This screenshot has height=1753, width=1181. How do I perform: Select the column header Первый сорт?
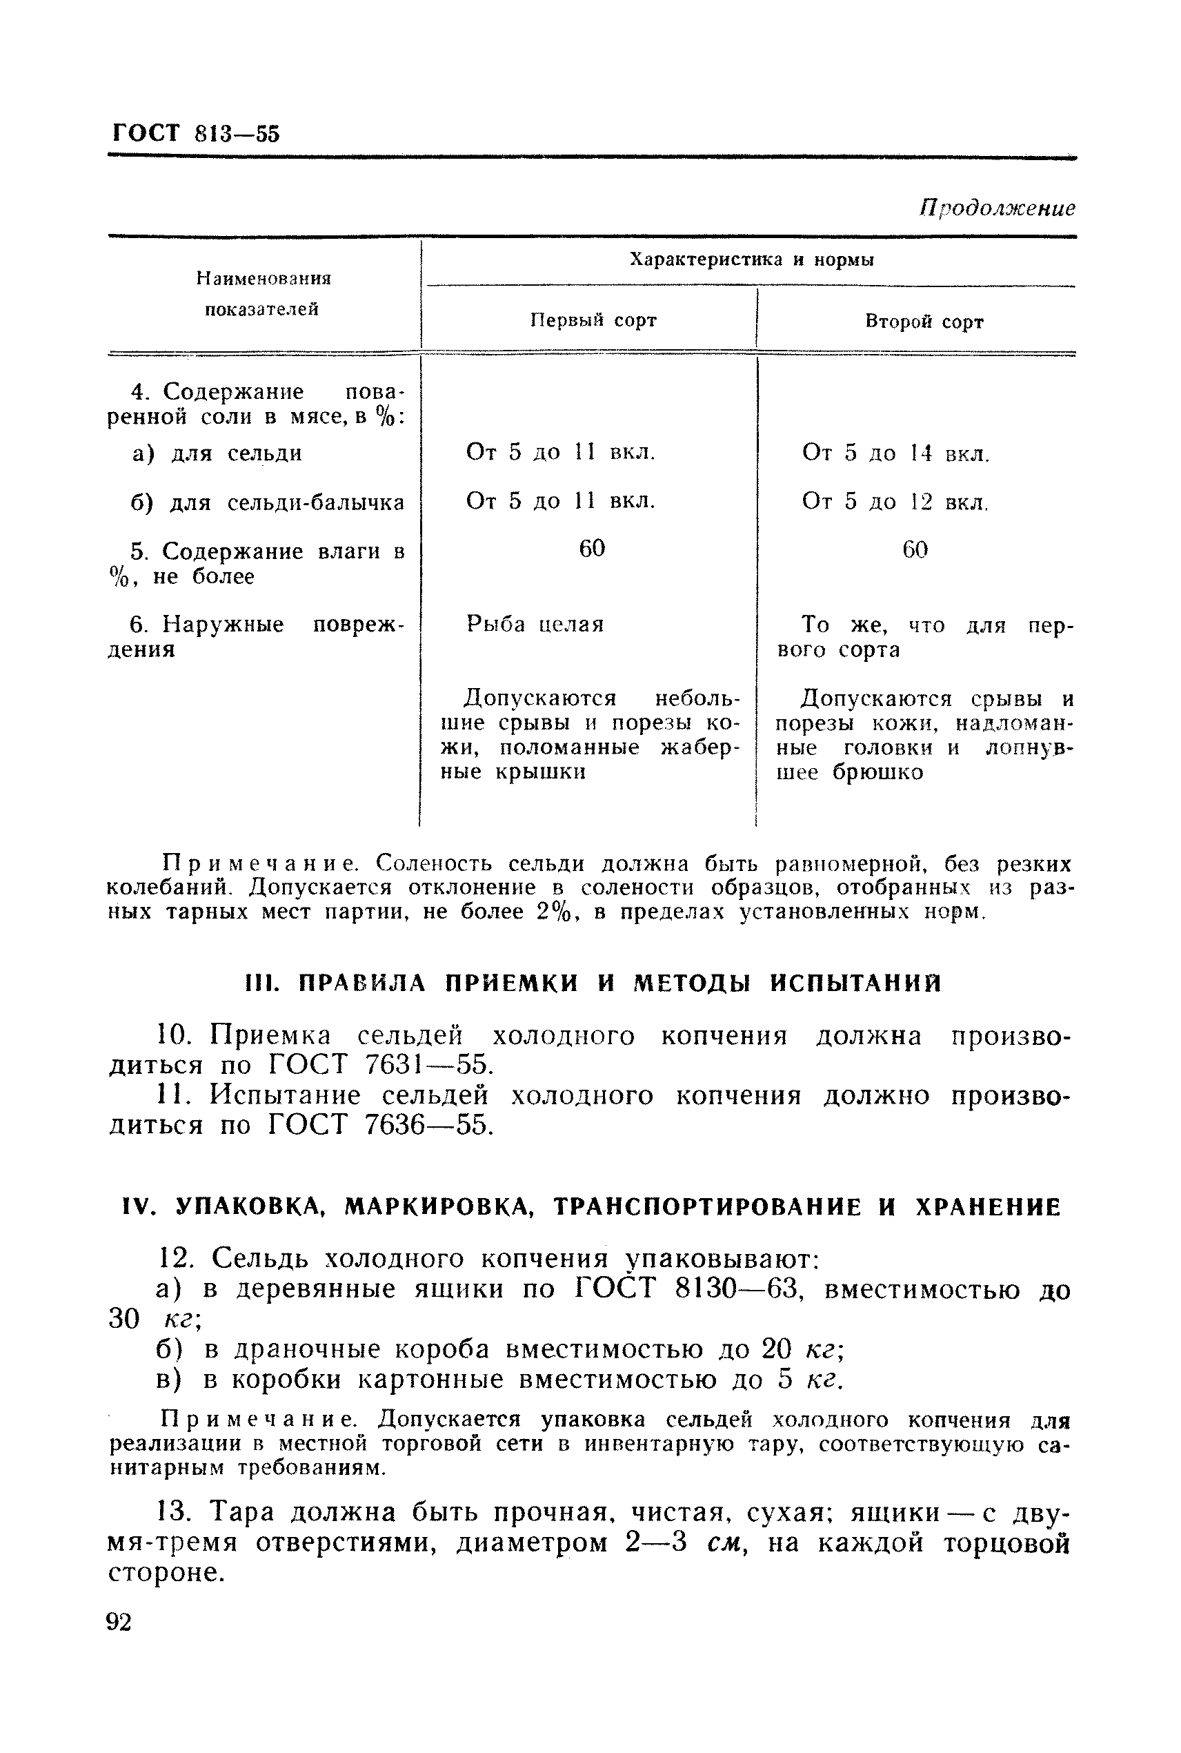tap(593, 321)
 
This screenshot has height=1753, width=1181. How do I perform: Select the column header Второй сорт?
tap(924, 322)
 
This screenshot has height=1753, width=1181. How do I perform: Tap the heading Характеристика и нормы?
tap(751, 260)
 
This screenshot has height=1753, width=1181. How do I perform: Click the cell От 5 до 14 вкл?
tap(895, 453)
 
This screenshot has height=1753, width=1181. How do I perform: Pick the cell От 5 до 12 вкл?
tap(895, 502)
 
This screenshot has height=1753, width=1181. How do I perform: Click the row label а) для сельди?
tap(217, 453)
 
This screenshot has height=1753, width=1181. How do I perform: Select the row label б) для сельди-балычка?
tap(268, 502)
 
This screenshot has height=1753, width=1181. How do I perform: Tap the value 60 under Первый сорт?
tap(592, 549)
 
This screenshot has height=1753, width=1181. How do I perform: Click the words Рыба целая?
tap(535, 625)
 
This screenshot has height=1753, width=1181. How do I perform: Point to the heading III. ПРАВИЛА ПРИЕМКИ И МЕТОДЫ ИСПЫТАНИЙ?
tap(594, 983)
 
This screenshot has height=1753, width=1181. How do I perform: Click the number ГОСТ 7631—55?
tap(379, 1065)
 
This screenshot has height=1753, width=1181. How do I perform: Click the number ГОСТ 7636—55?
tap(379, 1126)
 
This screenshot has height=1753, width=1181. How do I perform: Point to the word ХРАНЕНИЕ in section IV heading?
tap(987, 1208)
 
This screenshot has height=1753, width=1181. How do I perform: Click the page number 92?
tap(119, 1621)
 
